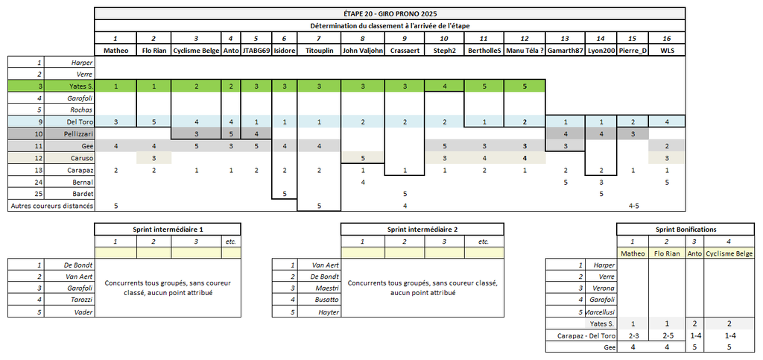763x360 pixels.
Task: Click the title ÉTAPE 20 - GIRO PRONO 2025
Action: pyautogui.click(x=390, y=13)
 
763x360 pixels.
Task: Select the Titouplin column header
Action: pyautogui.click(x=318, y=51)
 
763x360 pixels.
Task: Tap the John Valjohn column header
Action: pyautogui.click(x=362, y=51)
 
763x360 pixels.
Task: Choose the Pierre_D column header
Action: pyautogui.click(x=633, y=51)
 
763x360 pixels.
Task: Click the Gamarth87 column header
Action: pyautogui.click(x=564, y=51)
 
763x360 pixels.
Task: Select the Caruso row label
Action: pyautogui.click(x=80, y=158)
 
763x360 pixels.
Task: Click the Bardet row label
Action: pyautogui.click(x=81, y=194)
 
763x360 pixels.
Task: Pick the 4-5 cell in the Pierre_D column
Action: pyautogui.click(x=633, y=206)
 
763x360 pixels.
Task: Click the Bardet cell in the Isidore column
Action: pyautogui.click(x=284, y=194)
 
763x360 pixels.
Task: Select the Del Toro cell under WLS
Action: pyautogui.click(x=668, y=121)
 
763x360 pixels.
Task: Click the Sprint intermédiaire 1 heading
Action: pyautogui.click(x=168, y=229)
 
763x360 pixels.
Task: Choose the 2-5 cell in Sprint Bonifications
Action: pyautogui.click(x=668, y=335)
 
